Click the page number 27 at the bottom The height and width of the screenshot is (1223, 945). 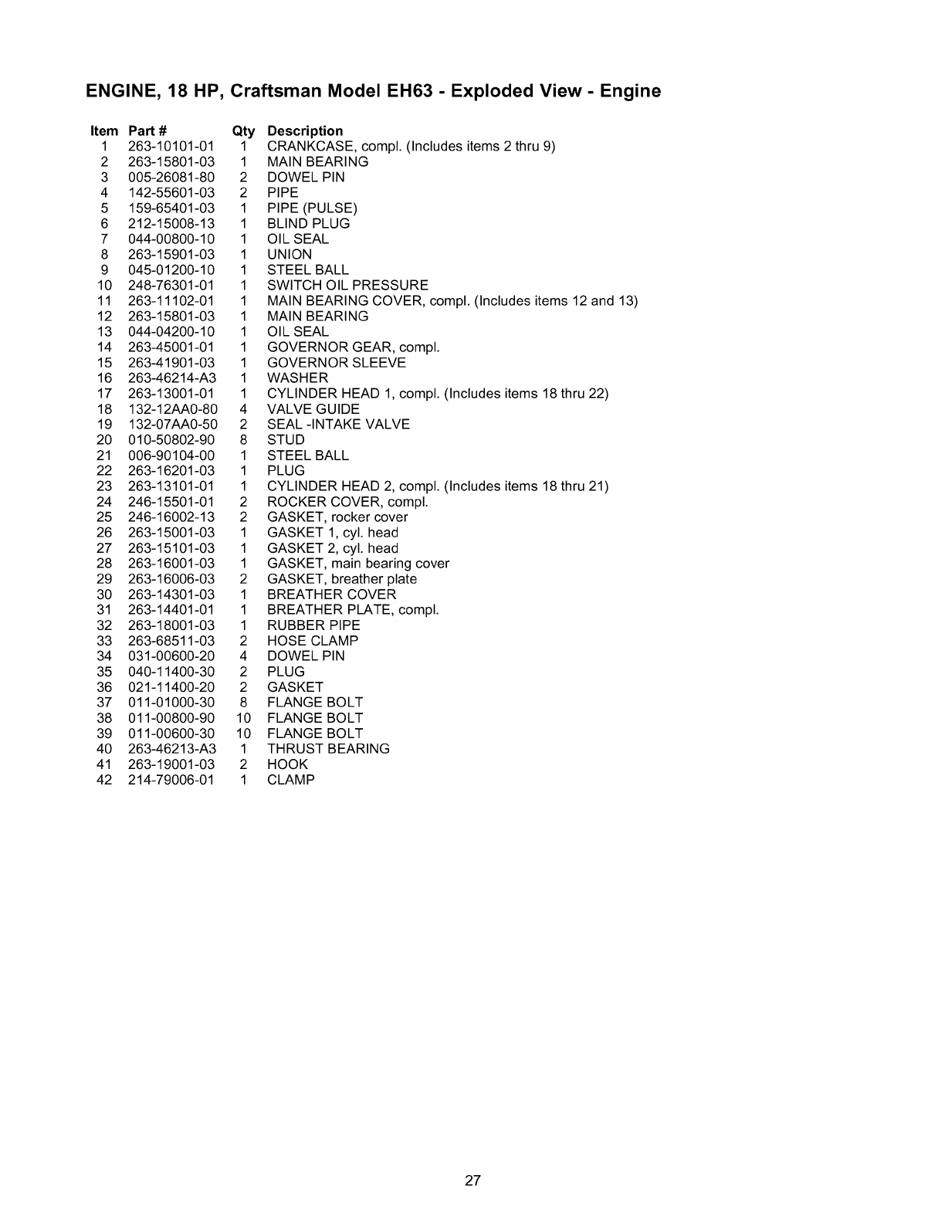(x=473, y=1181)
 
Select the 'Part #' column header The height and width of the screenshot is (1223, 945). (x=147, y=130)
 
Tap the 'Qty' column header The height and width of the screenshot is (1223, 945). (x=242, y=131)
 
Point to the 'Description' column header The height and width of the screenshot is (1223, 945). (x=305, y=130)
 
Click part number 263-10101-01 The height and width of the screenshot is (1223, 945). (x=171, y=146)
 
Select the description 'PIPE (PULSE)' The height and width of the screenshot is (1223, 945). (x=312, y=208)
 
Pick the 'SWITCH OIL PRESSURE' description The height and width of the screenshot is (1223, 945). (x=347, y=285)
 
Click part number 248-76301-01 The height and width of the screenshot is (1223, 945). (x=171, y=285)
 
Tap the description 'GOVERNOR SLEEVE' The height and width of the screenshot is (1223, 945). (x=336, y=362)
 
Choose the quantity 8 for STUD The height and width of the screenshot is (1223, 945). (x=243, y=439)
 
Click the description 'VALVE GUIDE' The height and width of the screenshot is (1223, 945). (x=313, y=408)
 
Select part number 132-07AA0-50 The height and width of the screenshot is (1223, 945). (x=172, y=424)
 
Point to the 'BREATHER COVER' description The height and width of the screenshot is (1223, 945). (x=331, y=594)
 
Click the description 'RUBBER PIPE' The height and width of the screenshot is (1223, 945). (x=313, y=625)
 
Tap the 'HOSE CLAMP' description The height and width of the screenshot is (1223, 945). (x=313, y=640)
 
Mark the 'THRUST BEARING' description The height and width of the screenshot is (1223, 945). (x=328, y=748)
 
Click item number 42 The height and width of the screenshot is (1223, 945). (x=104, y=779)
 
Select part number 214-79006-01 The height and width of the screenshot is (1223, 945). (x=171, y=779)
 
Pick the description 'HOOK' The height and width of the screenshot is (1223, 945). (x=287, y=764)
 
